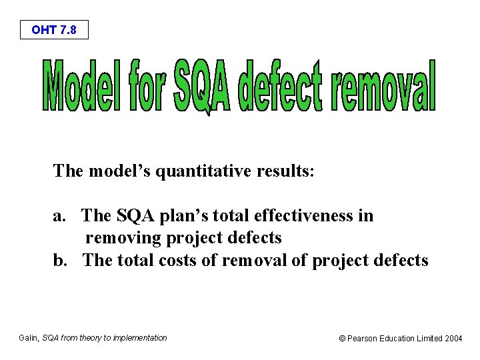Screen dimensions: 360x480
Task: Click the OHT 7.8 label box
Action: [x=53, y=30]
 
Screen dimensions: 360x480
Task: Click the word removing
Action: [x=125, y=238]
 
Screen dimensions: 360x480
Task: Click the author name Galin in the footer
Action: [x=28, y=338]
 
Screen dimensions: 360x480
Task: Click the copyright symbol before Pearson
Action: [x=343, y=339]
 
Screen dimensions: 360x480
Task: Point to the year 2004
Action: [x=453, y=339]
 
